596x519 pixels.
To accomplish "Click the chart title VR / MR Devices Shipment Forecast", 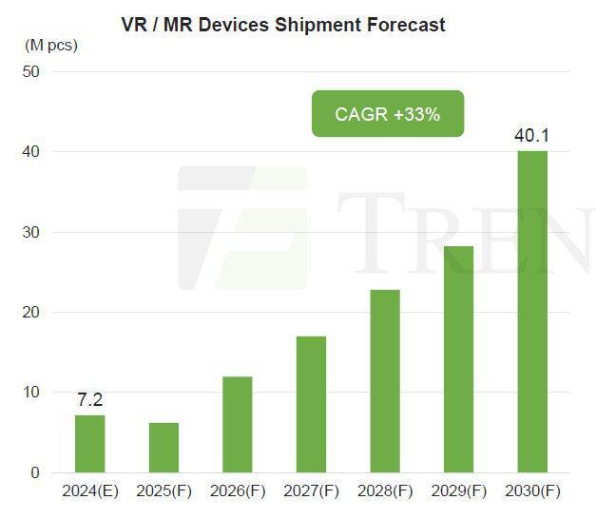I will pos(283,25).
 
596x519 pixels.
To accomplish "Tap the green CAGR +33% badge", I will pos(387,114).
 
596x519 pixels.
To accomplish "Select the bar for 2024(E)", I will pos(89,444).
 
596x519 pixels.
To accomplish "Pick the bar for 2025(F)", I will pos(163,448).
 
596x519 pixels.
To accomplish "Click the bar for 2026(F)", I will pos(237,425).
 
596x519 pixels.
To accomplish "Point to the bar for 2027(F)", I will pos(311,404).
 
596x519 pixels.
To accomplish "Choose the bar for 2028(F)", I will pos(384,381).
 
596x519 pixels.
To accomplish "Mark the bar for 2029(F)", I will pos(458,359).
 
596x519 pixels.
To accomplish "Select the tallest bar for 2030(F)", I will pos(531,312).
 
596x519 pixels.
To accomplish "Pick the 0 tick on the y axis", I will pos(34,472).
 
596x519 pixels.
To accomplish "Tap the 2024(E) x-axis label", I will pos(89,493).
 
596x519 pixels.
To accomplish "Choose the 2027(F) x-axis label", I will pos(311,493).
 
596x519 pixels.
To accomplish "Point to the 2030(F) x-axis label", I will pos(531,493).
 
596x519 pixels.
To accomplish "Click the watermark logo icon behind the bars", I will pos(242,228).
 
